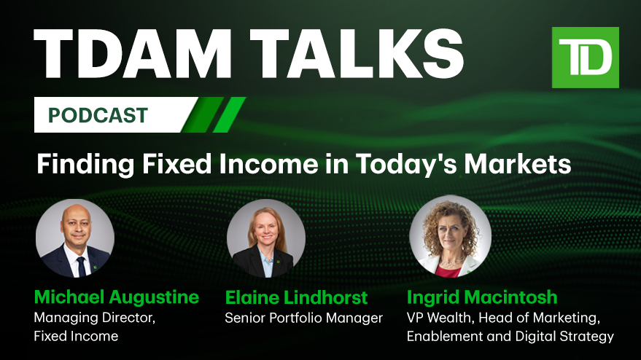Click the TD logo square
click(585, 58)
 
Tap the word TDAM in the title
click(133, 54)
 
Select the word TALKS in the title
click(357, 54)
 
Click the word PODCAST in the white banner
click(98, 115)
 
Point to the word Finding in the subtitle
click(85, 165)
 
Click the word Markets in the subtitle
click(517, 164)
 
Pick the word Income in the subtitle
click(268, 164)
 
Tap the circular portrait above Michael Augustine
click(75, 238)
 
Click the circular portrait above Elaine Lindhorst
click(265, 238)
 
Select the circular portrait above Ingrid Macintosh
click(450, 237)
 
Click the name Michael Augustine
click(117, 297)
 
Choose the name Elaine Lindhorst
click(296, 297)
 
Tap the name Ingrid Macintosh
click(482, 297)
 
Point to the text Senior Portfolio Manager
click(304, 318)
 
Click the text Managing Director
click(94, 318)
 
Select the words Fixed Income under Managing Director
click(76, 336)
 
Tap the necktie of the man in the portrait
click(81, 267)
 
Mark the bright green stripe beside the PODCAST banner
click(229, 115)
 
